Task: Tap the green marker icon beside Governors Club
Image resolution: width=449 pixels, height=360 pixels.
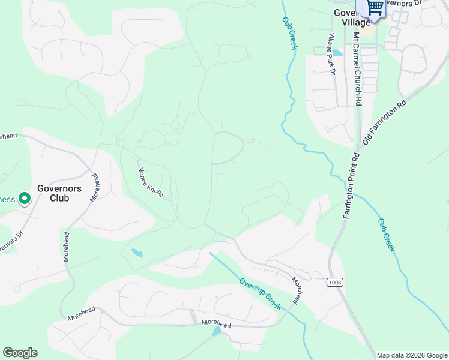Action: pos(25,199)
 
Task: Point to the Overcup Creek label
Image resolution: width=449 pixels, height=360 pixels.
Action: pos(260,293)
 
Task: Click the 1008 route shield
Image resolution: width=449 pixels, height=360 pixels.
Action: pos(336,282)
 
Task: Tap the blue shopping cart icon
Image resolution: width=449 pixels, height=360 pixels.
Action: pos(375,7)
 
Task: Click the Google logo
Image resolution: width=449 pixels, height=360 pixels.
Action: pos(20,353)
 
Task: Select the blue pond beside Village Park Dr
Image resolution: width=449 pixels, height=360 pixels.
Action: pos(338,53)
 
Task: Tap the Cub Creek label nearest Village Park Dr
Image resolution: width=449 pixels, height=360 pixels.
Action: pos(289,32)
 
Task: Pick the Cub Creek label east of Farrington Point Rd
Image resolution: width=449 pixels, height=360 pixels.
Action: pos(386,235)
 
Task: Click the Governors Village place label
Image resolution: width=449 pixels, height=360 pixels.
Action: pos(352,17)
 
